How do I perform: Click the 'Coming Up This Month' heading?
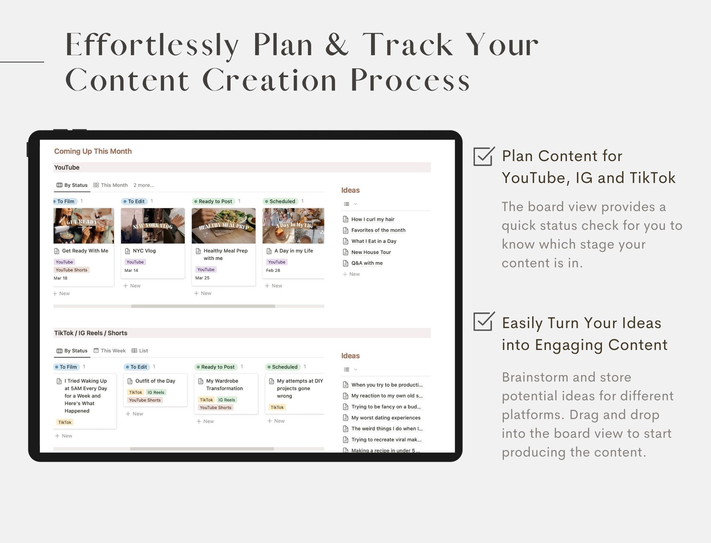click(x=93, y=151)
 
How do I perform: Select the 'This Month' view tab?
click(x=114, y=185)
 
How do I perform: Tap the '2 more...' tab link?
click(x=143, y=185)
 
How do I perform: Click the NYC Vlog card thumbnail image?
click(x=153, y=226)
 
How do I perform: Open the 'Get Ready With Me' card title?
click(x=85, y=251)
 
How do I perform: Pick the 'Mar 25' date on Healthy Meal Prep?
click(x=202, y=278)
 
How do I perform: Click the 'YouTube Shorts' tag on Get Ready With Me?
click(x=72, y=270)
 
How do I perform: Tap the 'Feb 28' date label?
click(x=273, y=270)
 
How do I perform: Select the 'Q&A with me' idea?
click(x=367, y=263)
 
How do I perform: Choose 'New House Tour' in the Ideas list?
click(x=371, y=252)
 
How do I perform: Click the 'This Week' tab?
click(x=113, y=351)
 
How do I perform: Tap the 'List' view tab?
click(x=143, y=351)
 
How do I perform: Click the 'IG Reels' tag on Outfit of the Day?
click(x=156, y=392)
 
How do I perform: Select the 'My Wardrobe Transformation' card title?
click(x=224, y=385)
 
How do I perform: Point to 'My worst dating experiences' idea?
click(x=386, y=418)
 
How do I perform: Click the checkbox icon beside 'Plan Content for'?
click(x=484, y=156)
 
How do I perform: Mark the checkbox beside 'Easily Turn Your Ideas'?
click(x=484, y=321)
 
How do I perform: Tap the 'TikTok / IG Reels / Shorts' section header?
click(x=91, y=333)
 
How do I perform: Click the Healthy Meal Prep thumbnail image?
click(x=224, y=226)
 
